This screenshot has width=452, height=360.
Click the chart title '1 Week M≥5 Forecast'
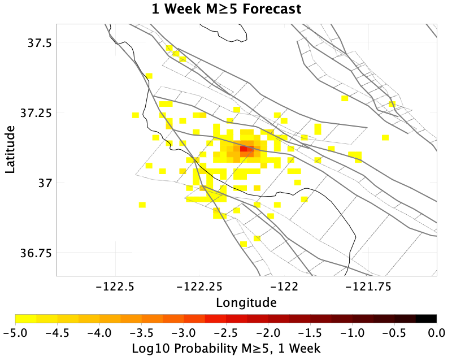point(227,8)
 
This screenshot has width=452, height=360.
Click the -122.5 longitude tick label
point(116,287)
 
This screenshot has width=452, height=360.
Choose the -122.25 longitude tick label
point(199,287)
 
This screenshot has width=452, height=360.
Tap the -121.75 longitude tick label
point(368,287)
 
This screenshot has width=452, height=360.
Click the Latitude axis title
point(10,149)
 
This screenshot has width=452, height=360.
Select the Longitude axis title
point(246,303)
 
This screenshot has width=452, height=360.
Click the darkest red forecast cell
point(244,149)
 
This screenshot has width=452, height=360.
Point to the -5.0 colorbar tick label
point(15,333)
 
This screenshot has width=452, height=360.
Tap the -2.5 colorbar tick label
point(226,333)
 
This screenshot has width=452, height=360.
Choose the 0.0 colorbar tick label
point(437,333)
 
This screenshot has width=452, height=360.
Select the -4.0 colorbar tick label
point(99,333)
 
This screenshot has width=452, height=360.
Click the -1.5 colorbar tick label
point(310,333)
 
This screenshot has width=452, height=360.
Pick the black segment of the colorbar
point(426,319)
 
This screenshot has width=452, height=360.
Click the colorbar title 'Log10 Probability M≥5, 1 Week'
point(227,349)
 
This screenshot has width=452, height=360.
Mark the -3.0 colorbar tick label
point(184,333)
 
